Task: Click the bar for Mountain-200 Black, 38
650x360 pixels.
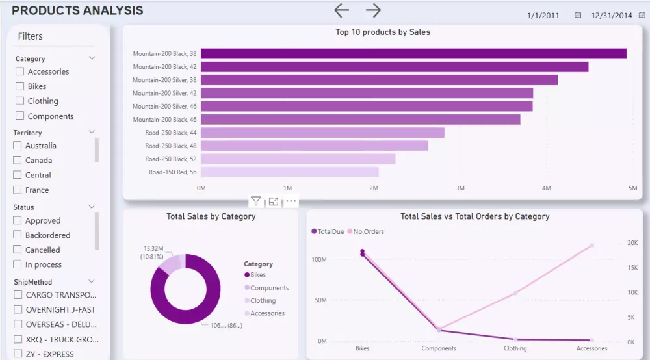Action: (413, 54)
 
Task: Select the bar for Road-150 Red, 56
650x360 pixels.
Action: (289, 172)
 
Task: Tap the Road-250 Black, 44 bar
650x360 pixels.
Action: (322, 133)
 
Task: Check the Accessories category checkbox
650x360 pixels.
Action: (20, 71)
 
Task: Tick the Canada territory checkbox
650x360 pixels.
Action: (18, 161)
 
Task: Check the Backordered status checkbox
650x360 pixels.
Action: (18, 235)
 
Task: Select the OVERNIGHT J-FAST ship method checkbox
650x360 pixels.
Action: (18, 310)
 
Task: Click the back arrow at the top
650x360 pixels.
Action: (341, 10)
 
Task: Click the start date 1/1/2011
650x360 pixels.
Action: (543, 15)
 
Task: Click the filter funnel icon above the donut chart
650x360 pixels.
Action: (256, 201)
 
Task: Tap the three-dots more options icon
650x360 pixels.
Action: (291, 201)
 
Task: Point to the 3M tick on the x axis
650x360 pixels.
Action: (460, 188)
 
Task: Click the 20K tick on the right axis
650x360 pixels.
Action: (632, 243)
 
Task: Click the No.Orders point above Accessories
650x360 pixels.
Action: (591, 245)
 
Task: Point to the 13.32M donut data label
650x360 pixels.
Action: (153, 249)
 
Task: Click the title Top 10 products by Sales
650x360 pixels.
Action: (382, 32)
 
